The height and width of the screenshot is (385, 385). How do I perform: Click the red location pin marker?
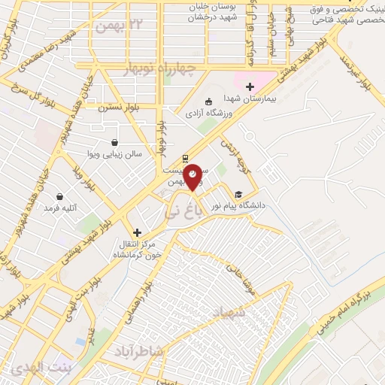(193, 175)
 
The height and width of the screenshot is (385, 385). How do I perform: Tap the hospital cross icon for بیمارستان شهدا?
(250, 86)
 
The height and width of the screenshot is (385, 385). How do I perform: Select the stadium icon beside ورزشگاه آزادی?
(208, 102)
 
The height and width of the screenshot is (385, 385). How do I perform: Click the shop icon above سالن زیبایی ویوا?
(114, 142)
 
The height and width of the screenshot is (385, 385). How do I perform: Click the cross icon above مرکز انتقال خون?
(136, 232)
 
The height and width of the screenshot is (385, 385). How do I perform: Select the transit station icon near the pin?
(185, 159)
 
